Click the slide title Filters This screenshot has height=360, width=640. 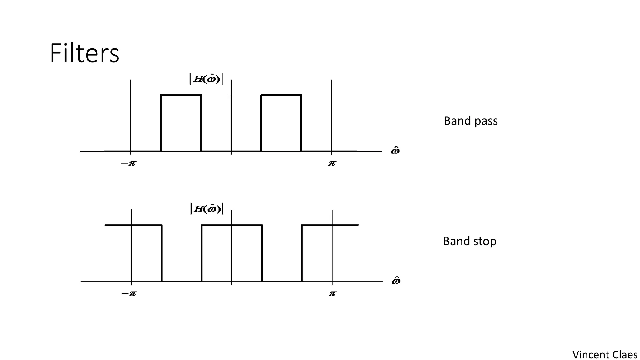[x=84, y=53]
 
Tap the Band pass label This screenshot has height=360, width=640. [x=470, y=121]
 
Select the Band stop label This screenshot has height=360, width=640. [x=469, y=241]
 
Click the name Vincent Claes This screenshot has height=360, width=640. [x=605, y=355]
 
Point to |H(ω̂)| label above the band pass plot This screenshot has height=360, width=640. [x=206, y=78]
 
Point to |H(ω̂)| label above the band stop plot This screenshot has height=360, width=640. [x=207, y=209]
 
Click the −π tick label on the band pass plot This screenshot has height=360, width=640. [x=128, y=163]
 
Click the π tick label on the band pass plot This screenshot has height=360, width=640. [x=332, y=163]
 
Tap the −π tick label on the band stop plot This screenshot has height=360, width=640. [x=129, y=293]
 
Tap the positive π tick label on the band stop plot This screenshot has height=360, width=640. [x=332, y=293]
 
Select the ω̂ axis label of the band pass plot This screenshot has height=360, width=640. [x=395, y=151]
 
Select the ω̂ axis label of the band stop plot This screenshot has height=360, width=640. [x=396, y=281]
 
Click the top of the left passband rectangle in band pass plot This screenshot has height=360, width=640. [x=181, y=95]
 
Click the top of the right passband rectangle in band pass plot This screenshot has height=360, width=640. [x=281, y=95]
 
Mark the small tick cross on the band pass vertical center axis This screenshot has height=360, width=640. [x=231, y=95]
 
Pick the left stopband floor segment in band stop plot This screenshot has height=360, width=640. [x=182, y=282]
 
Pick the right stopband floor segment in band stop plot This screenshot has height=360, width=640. [x=282, y=282]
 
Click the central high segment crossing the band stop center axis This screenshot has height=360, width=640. [x=219, y=225]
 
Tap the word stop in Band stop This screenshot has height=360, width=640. [x=484, y=242]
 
